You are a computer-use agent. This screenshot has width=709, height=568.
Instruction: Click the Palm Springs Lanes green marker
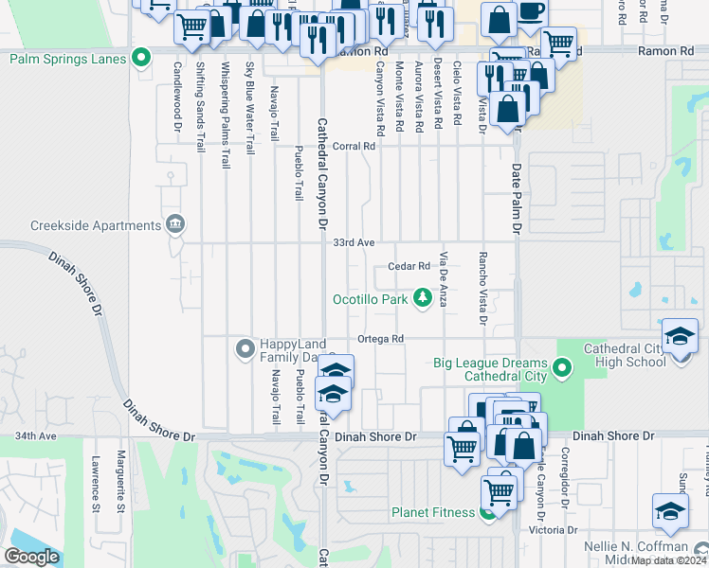[141, 59]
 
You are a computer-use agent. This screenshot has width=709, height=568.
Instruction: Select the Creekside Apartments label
[96, 225]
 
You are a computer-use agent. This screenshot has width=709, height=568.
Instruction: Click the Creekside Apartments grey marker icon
[175, 225]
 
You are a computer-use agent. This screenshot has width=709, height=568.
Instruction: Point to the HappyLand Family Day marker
[245, 349]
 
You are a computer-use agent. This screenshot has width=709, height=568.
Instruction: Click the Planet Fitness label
[433, 513]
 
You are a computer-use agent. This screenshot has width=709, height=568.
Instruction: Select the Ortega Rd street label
[380, 339]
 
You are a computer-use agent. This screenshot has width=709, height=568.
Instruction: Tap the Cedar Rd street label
[409, 266]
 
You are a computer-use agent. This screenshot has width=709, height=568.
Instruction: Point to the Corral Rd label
[354, 147]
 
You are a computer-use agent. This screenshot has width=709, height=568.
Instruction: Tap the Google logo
[32, 557]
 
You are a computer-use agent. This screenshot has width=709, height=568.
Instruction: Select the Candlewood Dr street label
[176, 97]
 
